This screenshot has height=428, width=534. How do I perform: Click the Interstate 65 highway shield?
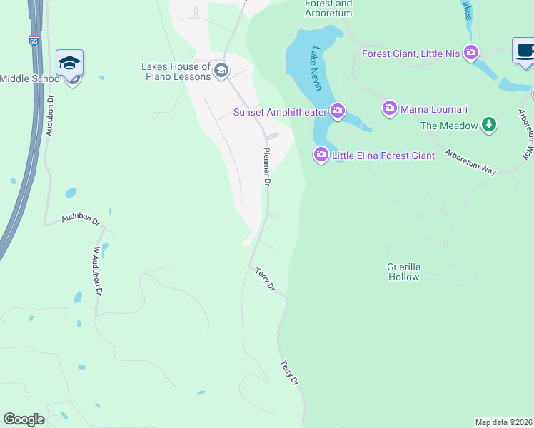tap(34, 41)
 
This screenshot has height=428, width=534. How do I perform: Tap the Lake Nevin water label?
tap(315, 68)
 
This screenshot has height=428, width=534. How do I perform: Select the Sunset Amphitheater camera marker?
tap(338, 111)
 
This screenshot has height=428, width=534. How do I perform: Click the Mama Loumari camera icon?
tap(389, 109)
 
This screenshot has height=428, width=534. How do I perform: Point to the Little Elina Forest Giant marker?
tap(321, 154)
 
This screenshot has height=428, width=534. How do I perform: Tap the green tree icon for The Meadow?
tap(488, 126)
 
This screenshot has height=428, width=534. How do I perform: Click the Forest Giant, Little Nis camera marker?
tap(470, 53)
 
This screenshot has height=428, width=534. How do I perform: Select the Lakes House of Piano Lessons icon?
tap(221, 69)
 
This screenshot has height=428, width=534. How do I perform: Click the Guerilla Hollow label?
tap(404, 272)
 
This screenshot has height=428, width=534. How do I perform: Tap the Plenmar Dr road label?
tap(267, 167)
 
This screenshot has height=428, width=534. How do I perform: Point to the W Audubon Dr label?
tap(98, 271)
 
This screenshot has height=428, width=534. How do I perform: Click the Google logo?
tap(24, 419)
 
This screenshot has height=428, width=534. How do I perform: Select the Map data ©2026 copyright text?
tap(504, 422)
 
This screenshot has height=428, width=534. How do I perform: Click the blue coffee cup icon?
tap(524, 52)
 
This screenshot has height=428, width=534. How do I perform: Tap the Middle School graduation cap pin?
tap(70, 63)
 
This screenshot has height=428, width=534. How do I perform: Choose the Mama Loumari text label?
tap(433, 109)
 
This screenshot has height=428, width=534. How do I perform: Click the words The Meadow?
tap(449, 126)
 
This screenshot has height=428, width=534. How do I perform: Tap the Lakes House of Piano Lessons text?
tap(176, 71)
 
